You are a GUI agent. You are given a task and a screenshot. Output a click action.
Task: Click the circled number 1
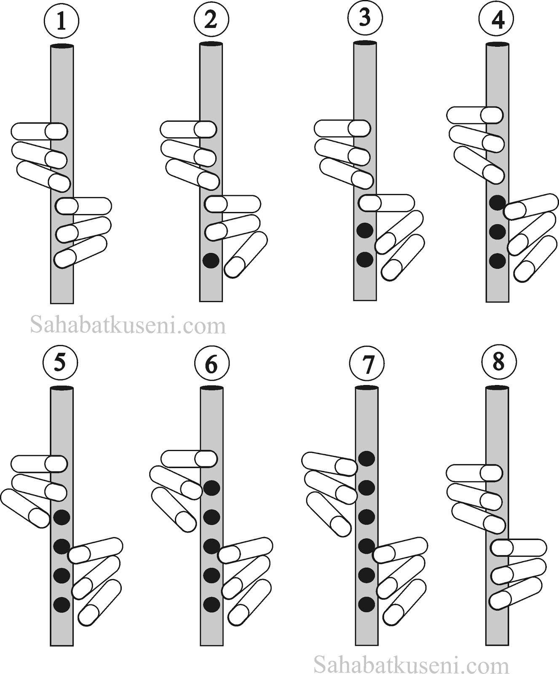(62, 21)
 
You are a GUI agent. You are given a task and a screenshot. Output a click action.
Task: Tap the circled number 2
(211, 19)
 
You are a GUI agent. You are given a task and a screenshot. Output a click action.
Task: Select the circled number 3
(365, 18)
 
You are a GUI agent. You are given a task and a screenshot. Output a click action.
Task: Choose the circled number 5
(60, 363)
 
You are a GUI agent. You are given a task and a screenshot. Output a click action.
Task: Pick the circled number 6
(211, 364)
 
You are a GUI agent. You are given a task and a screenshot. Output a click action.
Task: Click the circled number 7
(367, 364)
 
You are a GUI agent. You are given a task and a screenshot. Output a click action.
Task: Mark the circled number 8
(498, 361)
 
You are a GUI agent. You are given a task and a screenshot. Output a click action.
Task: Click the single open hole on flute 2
(211, 260)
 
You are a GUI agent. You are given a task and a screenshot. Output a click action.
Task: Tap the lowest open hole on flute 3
(365, 259)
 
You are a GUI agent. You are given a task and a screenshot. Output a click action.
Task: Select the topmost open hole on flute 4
(497, 203)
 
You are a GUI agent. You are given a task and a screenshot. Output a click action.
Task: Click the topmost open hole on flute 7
(366, 458)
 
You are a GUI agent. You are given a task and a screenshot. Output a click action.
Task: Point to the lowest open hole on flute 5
(62, 604)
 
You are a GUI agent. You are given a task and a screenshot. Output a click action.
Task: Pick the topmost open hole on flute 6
(211, 488)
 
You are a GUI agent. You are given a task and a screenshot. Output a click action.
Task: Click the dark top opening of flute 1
(62, 45)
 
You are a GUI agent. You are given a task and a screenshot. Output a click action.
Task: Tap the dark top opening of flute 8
(497, 388)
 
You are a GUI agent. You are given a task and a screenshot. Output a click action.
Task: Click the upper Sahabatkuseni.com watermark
(128, 325)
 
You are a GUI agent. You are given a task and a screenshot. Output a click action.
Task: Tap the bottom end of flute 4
(497, 301)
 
